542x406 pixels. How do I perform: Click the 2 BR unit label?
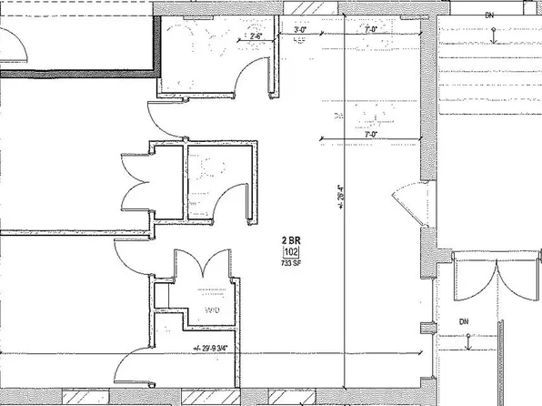tap(291, 239)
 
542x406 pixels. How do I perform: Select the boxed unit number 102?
tap(292, 252)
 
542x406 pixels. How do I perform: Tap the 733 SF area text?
tap(292, 264)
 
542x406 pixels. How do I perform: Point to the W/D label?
tap(212, 311)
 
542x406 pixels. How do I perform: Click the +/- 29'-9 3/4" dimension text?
tap(216, 348)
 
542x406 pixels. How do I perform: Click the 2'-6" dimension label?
tap(243, 37)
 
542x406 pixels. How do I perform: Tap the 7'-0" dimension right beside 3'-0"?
tap(369, 30)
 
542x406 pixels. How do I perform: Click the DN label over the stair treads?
tap(489, 15)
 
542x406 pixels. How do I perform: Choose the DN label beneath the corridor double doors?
tap(464, 321)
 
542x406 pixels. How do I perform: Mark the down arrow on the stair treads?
tap(492, 36)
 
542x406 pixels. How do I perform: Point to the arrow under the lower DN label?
tap(467, 342)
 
